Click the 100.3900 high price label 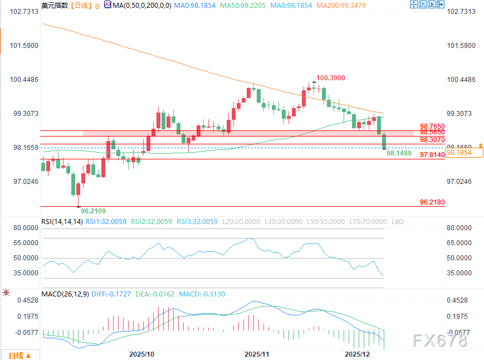tap(332, 77)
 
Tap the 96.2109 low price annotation tap(93, 211)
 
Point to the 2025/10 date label tap(141, 354)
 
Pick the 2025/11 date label tap(257, 354)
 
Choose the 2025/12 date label tap(357, 354)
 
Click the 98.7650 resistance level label tap(432, 127)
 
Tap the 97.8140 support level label tap(432, 154)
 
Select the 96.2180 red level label tap(432, 202)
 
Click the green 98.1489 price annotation tap(399, 153)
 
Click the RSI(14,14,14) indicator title tap(62, 221)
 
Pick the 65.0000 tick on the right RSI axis tap(461, 243)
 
